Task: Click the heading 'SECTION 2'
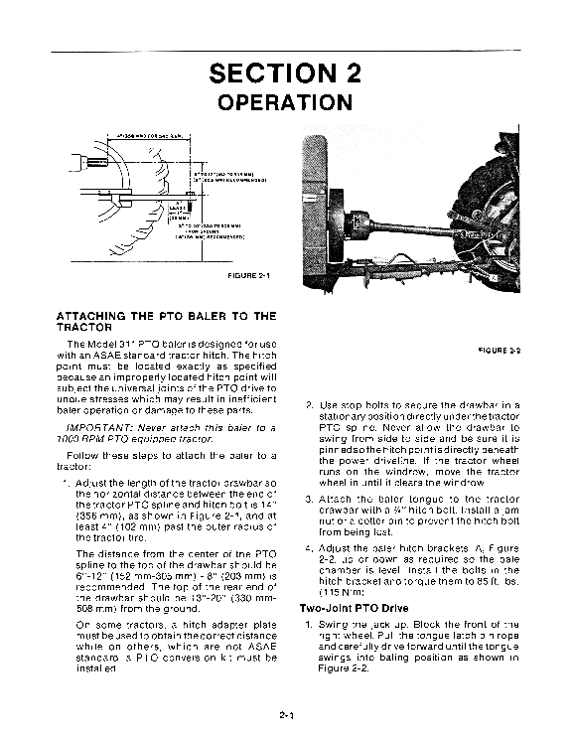tap(285, 74)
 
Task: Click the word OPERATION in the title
tap(285, 103)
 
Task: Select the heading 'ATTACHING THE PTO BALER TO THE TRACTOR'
tap(166, 321)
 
